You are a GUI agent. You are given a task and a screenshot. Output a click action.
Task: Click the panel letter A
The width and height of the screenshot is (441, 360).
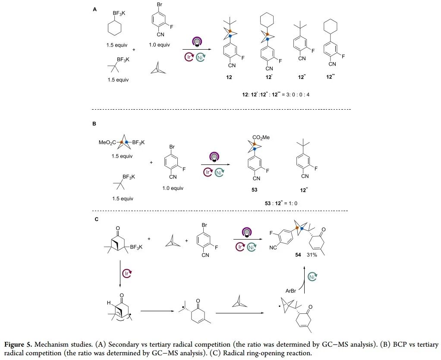point(95,9)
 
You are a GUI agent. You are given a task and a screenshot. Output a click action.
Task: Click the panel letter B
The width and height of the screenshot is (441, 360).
point(95,123)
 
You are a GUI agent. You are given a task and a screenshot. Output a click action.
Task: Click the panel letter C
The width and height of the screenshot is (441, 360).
point(96,219)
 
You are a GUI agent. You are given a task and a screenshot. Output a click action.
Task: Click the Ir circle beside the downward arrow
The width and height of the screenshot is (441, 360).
point(126,273)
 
